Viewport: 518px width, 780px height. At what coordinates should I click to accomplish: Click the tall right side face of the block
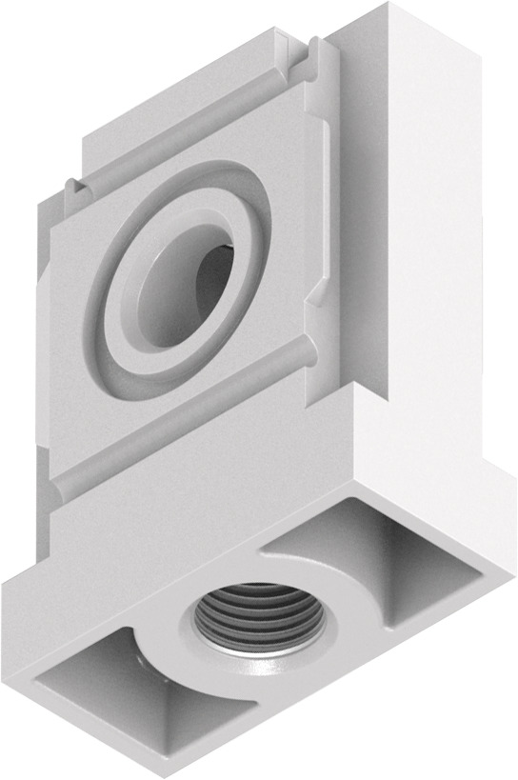tap(448, 238)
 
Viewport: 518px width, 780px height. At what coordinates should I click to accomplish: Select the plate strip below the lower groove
tap(190, 457)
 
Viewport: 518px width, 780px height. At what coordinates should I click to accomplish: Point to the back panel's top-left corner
tap(86, 133)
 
